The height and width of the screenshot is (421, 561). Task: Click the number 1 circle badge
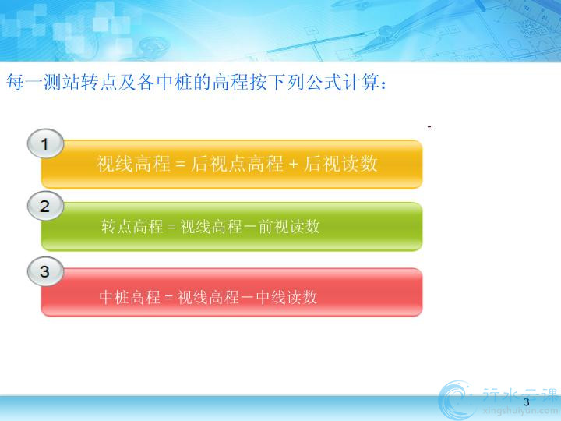[45, 143]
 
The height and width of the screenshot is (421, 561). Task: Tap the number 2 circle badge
[45, 206]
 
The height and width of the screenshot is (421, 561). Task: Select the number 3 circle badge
[45, 271]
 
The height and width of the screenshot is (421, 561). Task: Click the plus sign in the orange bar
[293, 164]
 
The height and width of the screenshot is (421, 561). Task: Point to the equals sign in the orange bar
[181, 164]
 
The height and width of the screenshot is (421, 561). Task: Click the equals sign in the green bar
[171, 227]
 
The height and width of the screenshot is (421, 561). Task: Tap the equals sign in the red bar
[169, 298]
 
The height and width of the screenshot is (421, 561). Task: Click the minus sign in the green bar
[250, 227]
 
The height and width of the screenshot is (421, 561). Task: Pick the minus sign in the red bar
[248, 298]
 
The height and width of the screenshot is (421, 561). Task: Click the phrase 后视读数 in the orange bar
[341, 164]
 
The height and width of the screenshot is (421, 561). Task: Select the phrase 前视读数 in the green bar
[289, 227]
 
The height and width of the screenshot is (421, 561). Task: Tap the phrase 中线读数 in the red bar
[287, 297]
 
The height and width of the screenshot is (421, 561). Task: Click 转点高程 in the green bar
[132, 227]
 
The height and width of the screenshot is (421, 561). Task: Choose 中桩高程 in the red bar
[130, 297]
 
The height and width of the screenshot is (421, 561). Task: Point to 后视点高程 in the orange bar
[237, 164]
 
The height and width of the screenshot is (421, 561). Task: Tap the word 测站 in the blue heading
[62, 82]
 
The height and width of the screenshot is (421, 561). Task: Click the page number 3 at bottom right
[526, 402]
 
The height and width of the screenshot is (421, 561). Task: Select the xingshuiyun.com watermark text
[520, 412]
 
